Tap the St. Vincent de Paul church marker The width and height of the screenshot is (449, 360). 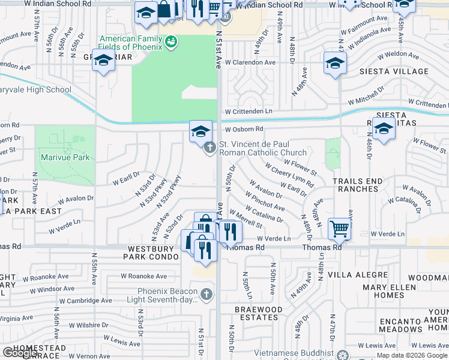[209, 147]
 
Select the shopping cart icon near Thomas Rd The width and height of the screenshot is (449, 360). [340, 228]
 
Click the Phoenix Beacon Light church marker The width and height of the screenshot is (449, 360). [206, 294]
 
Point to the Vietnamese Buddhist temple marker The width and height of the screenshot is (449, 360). [342, 355]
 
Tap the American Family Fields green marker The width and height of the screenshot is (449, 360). [171, 41]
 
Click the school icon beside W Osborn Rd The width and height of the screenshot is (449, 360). [200, 131]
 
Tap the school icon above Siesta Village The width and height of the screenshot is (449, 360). [335, 62]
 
